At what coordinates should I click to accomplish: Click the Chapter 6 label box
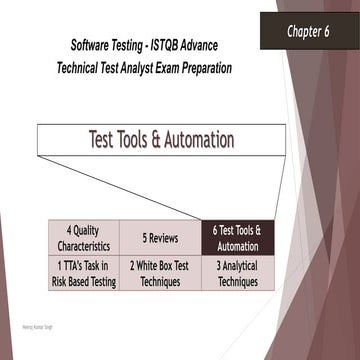point(309,31)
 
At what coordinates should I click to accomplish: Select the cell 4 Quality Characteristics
point(83,238)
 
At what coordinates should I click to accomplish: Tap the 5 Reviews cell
point(160,238)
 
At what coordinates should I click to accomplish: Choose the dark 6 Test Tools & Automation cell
point(237,238)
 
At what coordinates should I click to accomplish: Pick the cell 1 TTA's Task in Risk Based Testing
point(83,274)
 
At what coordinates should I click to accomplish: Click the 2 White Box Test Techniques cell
point(160,274)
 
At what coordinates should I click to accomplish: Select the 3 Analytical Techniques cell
point(237,274)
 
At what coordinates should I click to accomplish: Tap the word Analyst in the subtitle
point(146,68)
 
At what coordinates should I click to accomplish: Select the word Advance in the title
point(221,47)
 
